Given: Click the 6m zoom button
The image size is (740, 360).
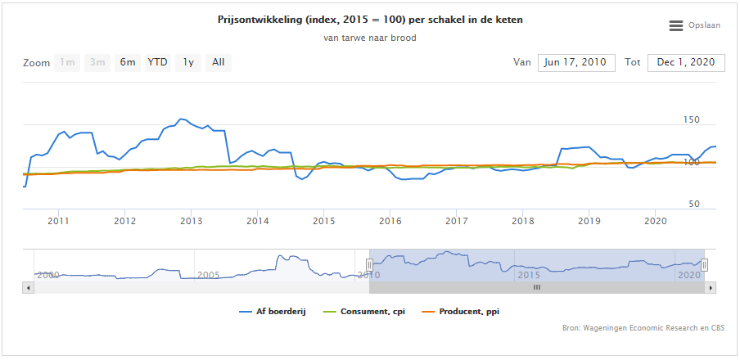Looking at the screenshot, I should pos(128,63).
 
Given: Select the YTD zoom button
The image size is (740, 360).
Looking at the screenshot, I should pos(158,63).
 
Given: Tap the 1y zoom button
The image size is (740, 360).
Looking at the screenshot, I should pos(188,63).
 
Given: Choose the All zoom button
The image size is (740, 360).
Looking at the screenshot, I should pos(219,63).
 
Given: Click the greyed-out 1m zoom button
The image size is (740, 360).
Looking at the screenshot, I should pos(67,63).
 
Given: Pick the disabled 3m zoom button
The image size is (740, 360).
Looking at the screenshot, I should pos(97,63).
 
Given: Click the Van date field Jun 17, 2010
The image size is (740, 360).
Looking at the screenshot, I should pos(576,63).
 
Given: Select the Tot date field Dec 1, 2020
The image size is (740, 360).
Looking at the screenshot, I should pos(686,63).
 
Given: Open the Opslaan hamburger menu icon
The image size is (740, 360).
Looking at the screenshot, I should pos(676,26).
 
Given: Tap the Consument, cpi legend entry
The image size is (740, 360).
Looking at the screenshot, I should pos(367,312).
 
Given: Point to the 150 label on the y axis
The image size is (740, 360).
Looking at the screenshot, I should pos(692,120).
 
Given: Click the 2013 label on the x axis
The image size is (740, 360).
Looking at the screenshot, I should pos(191,221).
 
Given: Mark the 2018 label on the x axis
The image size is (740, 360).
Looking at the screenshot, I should pos(522,221).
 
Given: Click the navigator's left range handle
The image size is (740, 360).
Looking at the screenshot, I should pos(369,264).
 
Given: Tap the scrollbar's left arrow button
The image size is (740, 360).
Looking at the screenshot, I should pos(29,287).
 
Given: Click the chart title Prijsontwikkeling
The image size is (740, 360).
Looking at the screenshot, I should pos(370,20).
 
